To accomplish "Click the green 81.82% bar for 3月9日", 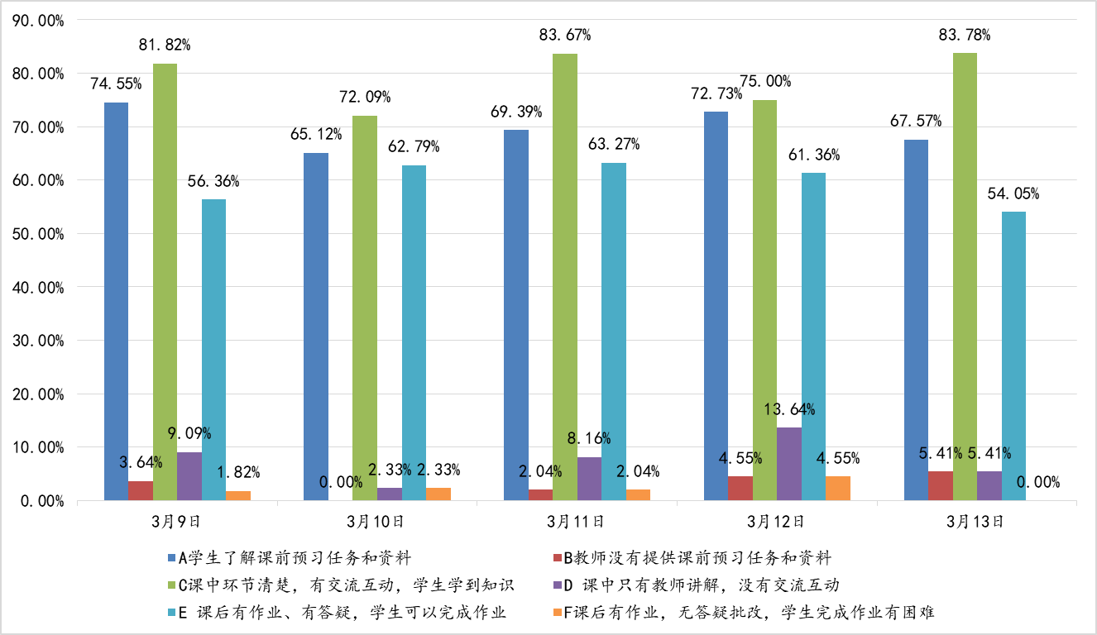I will click(165, 281).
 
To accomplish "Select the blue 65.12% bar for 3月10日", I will click(316, 327).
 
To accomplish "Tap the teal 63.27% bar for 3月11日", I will click(614, 331).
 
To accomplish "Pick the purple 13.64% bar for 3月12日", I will click(789, 464).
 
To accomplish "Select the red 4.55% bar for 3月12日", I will click(740, 489).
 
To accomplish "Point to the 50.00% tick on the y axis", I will click(41, 234).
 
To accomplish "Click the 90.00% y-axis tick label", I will click(41, 21).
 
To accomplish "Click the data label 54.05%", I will click(1013, 194).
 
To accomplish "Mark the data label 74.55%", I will click(116, 84).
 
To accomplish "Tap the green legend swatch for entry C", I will click(171, 586).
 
